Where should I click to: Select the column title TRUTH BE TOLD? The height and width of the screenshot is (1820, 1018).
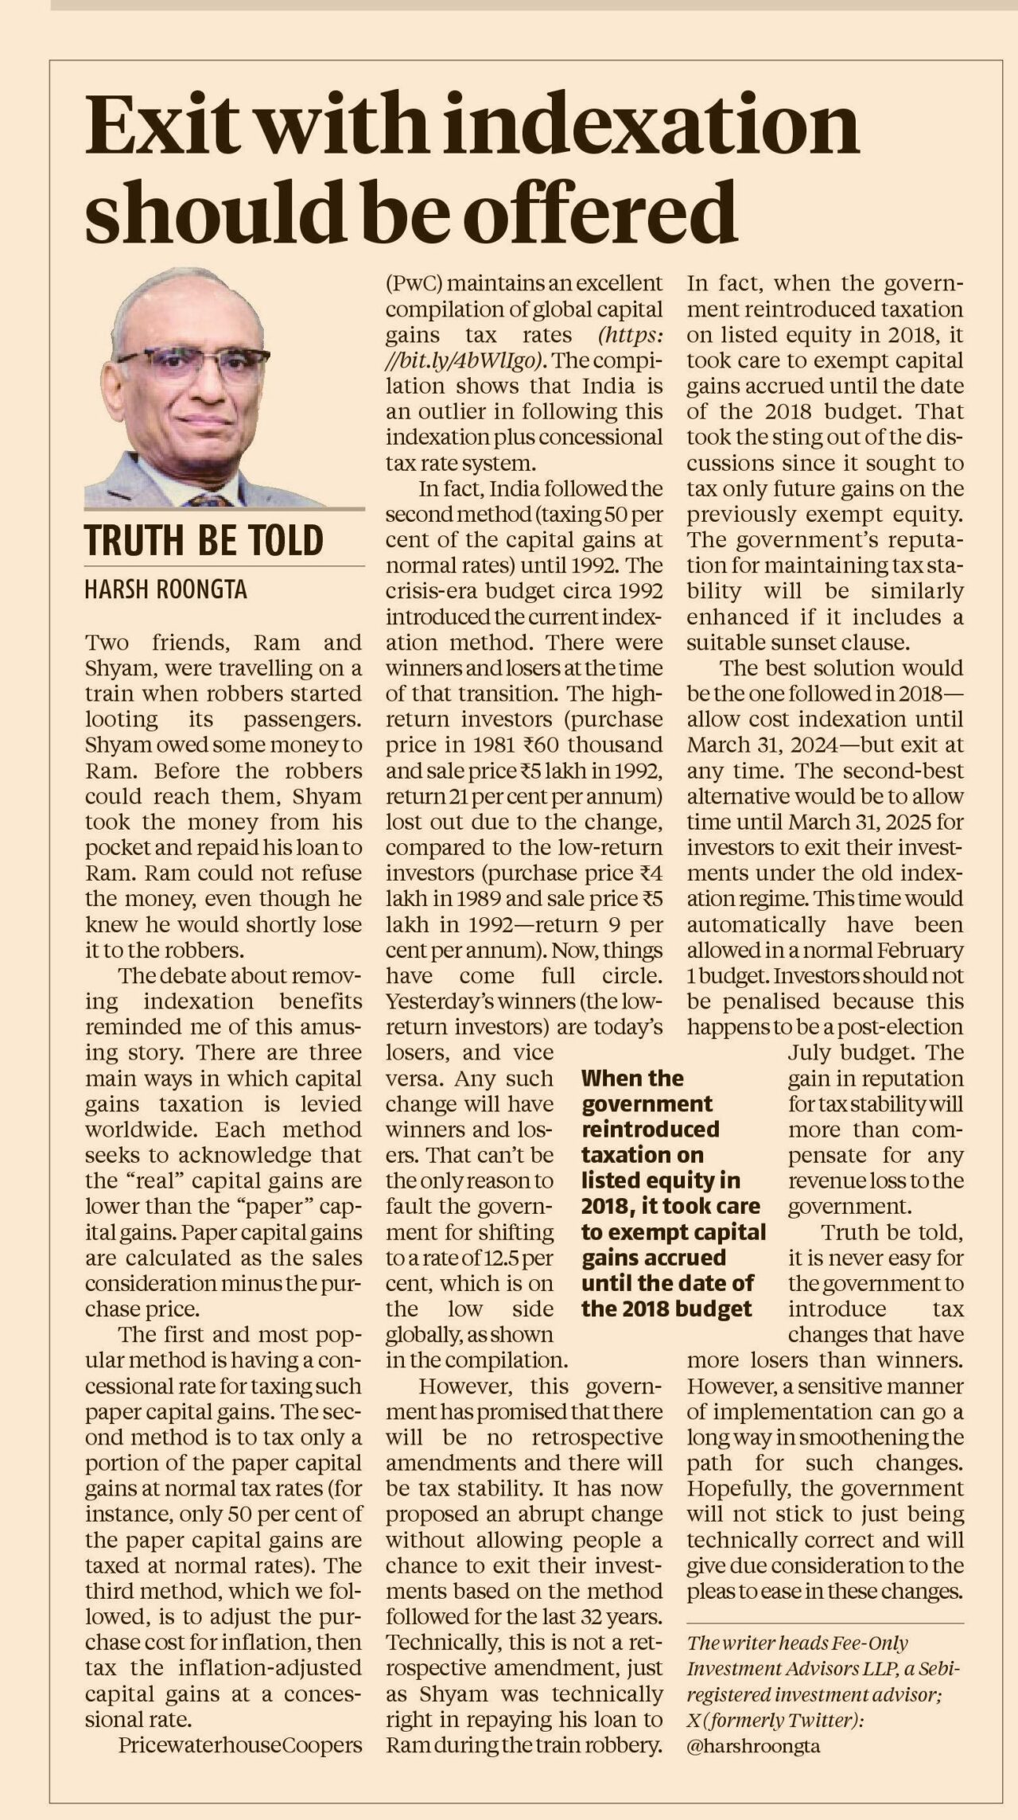(204, 540)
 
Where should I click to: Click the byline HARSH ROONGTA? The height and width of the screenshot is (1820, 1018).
(166, 589)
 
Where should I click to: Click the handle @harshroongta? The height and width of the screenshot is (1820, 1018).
(753, 1747)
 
